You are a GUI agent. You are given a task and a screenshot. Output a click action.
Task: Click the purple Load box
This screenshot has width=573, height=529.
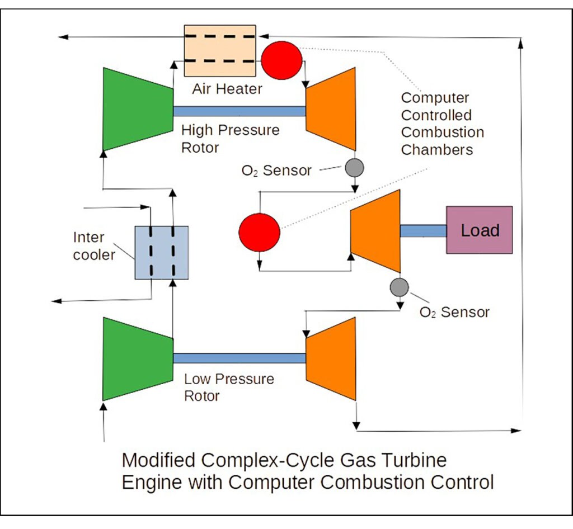[x=479, y=230]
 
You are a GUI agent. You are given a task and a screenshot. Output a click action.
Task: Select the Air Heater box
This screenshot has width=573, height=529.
[x=220, y=50]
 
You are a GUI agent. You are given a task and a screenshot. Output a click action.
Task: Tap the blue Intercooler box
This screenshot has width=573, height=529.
[x=162, y=252]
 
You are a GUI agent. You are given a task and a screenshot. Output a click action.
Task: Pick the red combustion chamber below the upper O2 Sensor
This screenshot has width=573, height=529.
[x=259, y=231]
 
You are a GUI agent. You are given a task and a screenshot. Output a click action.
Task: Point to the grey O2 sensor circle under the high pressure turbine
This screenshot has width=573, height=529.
[x=354, y=167]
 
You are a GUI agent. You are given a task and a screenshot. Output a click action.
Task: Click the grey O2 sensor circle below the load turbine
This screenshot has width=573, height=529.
[x=400, y=287]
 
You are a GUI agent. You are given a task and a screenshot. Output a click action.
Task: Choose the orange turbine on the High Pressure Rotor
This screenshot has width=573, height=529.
[x=331, y=110]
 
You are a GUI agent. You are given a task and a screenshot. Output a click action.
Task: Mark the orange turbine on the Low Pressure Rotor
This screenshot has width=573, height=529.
[x=331, y=358]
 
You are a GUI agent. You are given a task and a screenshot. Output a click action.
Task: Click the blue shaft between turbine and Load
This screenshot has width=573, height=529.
[x=423, y=230]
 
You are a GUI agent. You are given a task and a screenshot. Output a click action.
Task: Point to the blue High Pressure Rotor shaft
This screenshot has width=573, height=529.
[x=239, y=111]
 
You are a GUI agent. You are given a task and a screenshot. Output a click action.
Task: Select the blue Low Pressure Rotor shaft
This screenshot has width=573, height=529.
[x=239, y=358]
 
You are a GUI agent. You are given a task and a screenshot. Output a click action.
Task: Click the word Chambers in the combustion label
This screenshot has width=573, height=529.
[x=437, y=150]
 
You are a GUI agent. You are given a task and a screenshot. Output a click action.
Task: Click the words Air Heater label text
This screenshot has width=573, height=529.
[x=227, y=89]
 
